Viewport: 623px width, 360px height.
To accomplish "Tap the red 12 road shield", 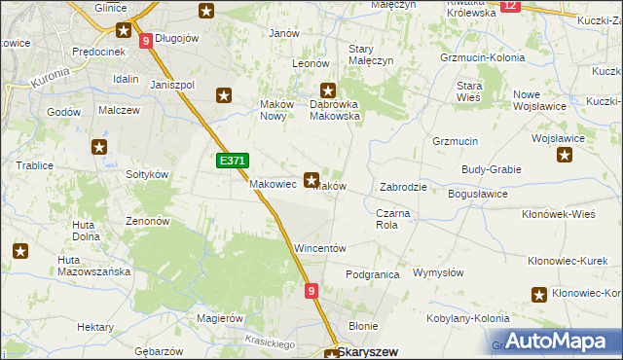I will (512, 6).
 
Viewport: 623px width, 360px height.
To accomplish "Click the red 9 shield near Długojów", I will (145, 41).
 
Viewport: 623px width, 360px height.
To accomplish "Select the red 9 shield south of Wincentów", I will (311, 290).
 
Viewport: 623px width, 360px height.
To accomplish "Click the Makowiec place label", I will (273, 184).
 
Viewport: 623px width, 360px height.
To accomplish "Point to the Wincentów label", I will (320, 249).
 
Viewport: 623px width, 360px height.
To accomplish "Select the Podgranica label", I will (373, 275).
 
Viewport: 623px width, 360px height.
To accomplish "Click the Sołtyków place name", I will (148, 174).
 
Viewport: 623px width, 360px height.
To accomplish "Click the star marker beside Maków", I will (311, 179).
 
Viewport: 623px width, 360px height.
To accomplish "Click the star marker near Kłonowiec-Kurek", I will (539, 295).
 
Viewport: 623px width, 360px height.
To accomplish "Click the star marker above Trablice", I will (99, 148).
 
